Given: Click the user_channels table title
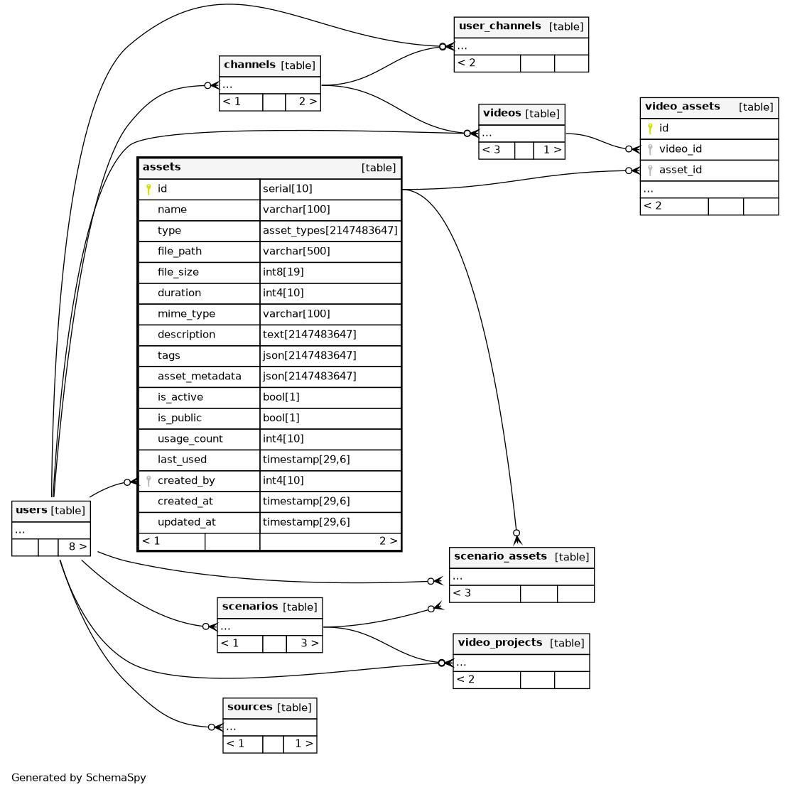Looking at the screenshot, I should (499, 26).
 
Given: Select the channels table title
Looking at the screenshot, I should (249, 65).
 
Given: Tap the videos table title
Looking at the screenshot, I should (502, 113).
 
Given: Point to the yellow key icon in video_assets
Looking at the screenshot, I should (649, 129).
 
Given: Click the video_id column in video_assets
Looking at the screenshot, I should (680, 149).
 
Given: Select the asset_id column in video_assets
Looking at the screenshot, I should (681, 170).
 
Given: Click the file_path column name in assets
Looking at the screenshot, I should (179, 251).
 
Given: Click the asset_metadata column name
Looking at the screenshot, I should (199, 376).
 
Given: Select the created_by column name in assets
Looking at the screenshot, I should (185, 481).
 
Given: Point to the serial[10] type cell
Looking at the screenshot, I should (287, 189).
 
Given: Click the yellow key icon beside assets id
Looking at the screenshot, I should (148, 189).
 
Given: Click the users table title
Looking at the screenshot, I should (31, 510).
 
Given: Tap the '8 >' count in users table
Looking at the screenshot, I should (77, 547).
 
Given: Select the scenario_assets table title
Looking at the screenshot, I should (500, 556).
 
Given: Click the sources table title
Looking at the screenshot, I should (250, 707).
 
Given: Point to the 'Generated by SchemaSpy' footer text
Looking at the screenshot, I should (78, 778).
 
